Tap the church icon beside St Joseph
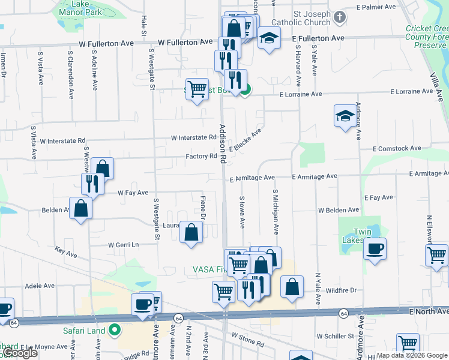pos(340,17)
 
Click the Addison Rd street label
pos(222,144)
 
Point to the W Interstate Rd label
pos(193,137)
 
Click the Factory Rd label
pos(201,156)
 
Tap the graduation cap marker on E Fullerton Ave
pos(269,38)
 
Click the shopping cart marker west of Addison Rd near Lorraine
pos(197,89)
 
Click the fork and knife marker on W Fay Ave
pos(92,183)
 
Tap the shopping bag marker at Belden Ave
pos(80,208)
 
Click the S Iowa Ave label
pos(242,212)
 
